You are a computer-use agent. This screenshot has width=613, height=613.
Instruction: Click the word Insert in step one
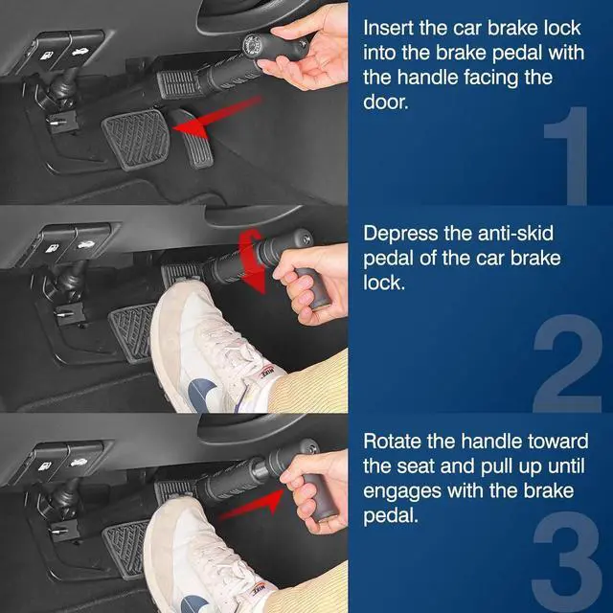point(388,28)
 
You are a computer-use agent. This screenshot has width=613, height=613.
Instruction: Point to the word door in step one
point(385,102)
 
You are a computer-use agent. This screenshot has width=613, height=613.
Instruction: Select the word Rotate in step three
point(392,442)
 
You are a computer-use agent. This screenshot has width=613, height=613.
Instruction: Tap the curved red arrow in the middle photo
point(252,261)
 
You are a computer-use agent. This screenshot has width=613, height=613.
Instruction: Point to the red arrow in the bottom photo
point(251,504)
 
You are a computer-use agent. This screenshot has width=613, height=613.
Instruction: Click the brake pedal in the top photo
point(136,138)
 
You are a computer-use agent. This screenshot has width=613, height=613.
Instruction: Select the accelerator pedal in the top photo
point(192,137)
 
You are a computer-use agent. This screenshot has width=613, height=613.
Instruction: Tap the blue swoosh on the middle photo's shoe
point(202,394)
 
